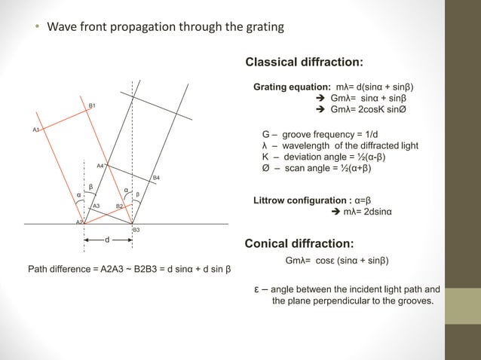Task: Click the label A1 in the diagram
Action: pos(35,130)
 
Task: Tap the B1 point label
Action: pos(92,106)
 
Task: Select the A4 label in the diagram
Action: pos(100,165)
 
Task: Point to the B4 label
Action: pos(156,178)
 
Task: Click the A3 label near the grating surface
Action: pos(96,206)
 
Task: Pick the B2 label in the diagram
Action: pos(120,206)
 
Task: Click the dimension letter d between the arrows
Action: pos(107,240)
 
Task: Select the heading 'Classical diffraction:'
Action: pos(305,62)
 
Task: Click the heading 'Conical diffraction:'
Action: pos(299,244)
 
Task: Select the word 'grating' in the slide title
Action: pos(263,28)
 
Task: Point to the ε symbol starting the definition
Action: pos(256,290)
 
